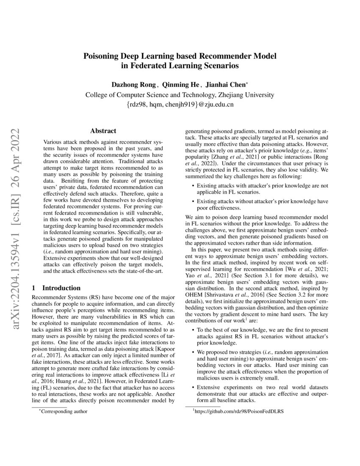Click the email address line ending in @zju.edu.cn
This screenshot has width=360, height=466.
tap(180, 104)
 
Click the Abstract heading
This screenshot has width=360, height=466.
tap(103, 131)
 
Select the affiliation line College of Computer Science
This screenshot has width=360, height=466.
tap(180, 94)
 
